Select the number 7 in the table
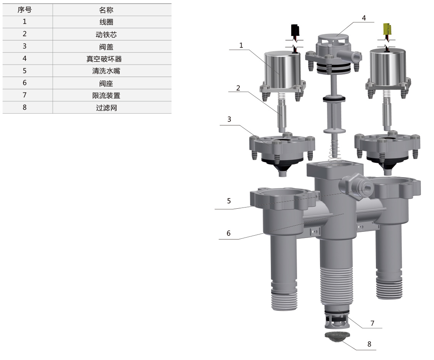25,95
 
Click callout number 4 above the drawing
364,18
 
